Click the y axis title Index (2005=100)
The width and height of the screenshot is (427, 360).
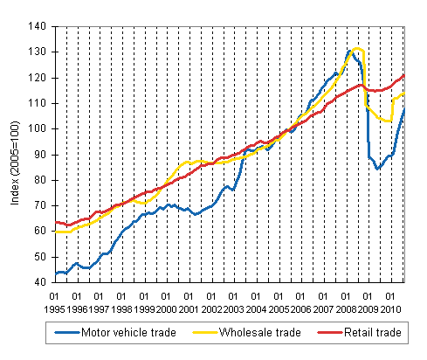[16, 154]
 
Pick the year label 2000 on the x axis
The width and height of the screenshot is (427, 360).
[166, 308]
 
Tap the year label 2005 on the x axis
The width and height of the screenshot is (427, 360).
[278, 308]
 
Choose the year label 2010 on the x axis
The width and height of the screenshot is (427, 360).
[389, 308]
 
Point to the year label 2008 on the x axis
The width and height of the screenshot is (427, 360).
[345, 308]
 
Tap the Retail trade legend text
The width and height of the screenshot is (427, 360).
[367, 333]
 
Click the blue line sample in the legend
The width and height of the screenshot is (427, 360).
[63, 333]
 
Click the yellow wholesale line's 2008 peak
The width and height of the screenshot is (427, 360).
[356, 49]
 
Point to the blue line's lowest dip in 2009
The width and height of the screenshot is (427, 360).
[378, 168]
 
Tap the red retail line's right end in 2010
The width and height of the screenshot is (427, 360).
[403, 75]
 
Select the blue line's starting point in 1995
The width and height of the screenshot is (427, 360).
[54, 274]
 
